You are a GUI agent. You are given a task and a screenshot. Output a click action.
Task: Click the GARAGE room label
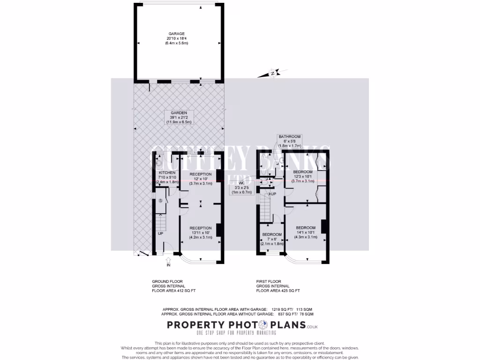(177, 34)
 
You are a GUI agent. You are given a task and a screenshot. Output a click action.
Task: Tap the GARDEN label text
(179, 113)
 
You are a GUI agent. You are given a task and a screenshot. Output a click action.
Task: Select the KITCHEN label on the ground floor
(167, 172)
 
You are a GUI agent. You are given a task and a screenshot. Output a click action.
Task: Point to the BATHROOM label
(289, 137)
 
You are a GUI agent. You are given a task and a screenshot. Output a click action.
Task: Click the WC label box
(242, 183)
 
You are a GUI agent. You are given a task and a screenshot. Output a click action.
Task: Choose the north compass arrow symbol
(272, 73)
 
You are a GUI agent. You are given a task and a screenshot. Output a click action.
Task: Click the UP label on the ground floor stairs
(160, 233)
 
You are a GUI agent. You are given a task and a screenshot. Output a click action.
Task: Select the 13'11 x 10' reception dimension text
(200, 232)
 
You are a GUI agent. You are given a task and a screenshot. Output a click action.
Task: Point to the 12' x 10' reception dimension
(200, 179)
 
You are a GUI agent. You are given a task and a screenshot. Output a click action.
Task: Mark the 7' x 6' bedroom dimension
(272, 239)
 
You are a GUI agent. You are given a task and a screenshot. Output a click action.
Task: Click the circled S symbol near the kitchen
(160, 201)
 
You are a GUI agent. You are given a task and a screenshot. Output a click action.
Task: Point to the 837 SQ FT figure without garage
(283, 314)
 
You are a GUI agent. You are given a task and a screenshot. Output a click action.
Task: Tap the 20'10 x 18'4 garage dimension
(177, 38)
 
